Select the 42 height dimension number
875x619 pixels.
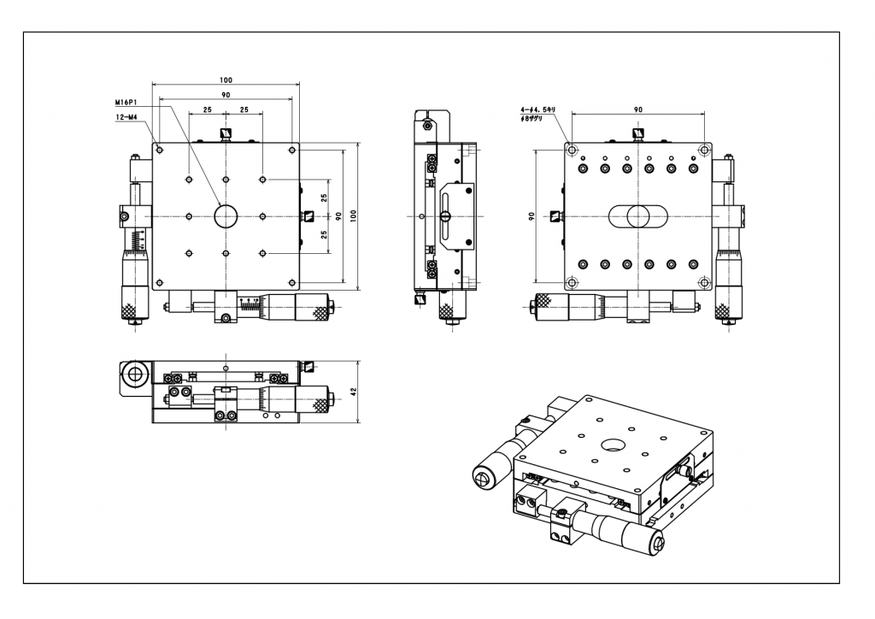coord(354,392)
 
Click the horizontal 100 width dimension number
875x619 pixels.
coord(226,80)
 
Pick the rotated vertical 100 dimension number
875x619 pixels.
coord(352,216)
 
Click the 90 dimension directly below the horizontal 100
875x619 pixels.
coord(226,94)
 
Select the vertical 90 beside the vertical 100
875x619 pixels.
coord(338,216)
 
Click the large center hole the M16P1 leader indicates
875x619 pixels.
coord(226,216)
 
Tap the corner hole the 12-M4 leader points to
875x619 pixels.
coord(160,150)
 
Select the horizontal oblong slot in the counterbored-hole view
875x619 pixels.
coord(637,216)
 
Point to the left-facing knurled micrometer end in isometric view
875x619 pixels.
coord(484,476)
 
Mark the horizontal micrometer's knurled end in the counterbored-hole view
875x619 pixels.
coord(542,304)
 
